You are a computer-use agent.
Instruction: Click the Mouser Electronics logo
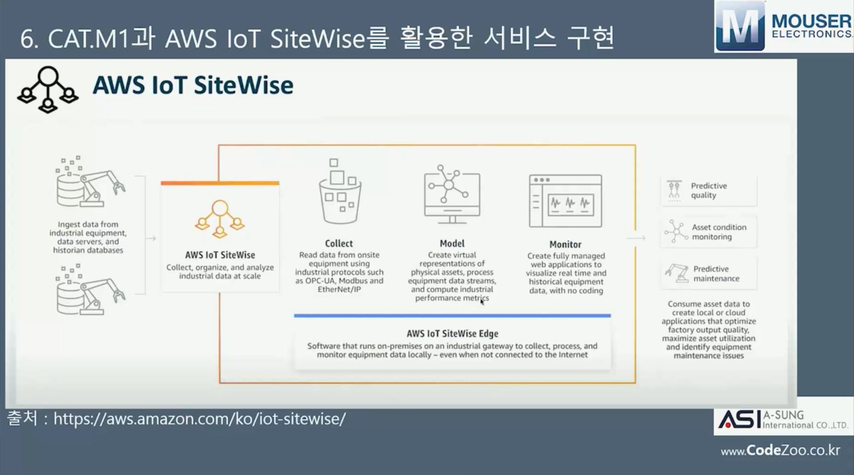click(x=784, y=26)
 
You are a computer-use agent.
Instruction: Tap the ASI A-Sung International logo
click(x=784, y=419)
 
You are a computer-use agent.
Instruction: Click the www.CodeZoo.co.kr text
click(x=780, y=450)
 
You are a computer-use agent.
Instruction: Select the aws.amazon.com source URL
click(x=199, y=419)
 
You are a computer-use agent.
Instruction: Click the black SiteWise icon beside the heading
click(x=48, y=89)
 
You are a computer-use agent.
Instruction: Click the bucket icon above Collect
click(x=340, y=191)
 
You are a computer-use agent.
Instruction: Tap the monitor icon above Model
click(x=452, y=194)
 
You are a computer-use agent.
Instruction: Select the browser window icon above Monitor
click(x=565, y=201)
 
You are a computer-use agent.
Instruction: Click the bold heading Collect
click(x=339, y=243)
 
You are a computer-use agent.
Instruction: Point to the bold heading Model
click(x=452, y=243)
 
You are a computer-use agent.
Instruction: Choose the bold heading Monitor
click(x=565, y=245)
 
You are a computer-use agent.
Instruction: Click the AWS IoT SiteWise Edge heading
click(x=452, y=333)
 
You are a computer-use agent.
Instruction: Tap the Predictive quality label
click(x=709, y=190)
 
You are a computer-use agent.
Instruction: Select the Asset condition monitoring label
click(x=719, y=232)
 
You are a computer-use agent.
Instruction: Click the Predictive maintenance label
click(x=716, y=273)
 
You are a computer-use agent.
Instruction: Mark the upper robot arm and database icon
click(x=91, y=181)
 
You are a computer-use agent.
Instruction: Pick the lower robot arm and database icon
click(x=91, y=289)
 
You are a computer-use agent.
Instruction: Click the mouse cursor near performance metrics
click(x=482, y=302)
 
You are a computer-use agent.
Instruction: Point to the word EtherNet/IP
click(x=339, y=289)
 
